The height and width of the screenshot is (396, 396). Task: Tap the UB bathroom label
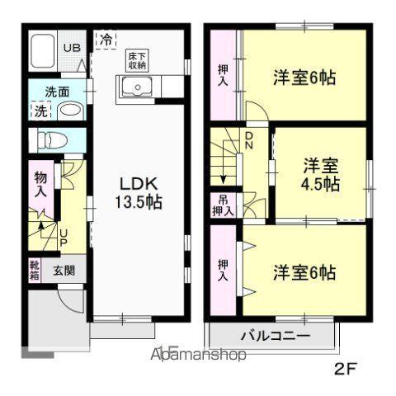click(x=73, y=47)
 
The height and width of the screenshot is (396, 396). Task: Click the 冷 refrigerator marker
click(x=106, y=38)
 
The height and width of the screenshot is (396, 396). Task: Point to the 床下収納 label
click(x=136, y=60)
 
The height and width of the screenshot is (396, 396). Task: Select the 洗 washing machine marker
click(x=40, y=111)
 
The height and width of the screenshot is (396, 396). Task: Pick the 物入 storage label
click(x=40, y=183)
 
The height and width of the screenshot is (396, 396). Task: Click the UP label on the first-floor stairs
click(x=63, y=237)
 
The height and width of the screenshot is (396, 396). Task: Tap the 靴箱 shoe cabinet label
click(x=34, y=270)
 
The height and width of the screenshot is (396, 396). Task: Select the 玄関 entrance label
click(x=64, y=270)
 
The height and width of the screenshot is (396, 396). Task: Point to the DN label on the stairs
click(x=248, y=142)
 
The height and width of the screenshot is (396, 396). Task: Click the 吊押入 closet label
click(x=224, y=205)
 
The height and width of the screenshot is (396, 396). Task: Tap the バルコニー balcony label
click(x=275, y=336)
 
